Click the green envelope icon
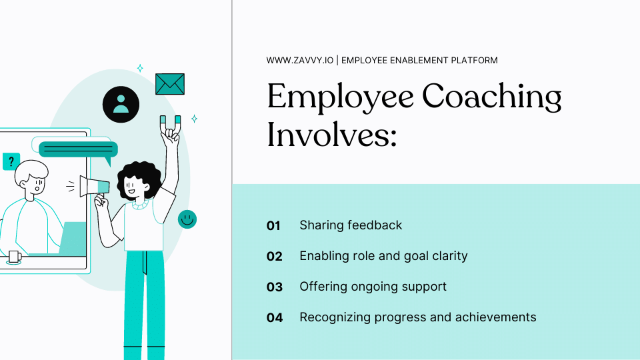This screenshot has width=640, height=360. tap(169, 84)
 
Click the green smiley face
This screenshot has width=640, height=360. tap(187, 219)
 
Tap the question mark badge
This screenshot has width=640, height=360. tap(11, 161)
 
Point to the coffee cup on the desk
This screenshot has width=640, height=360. tap(14, 257)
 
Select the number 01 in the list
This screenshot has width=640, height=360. tap(274, 225)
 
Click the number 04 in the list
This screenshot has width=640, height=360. tap(275, 318)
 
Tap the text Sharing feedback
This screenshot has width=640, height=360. tap(351, 225)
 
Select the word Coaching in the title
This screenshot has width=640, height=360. tap(492, 97)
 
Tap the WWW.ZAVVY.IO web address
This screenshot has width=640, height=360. tap(299, 61)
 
